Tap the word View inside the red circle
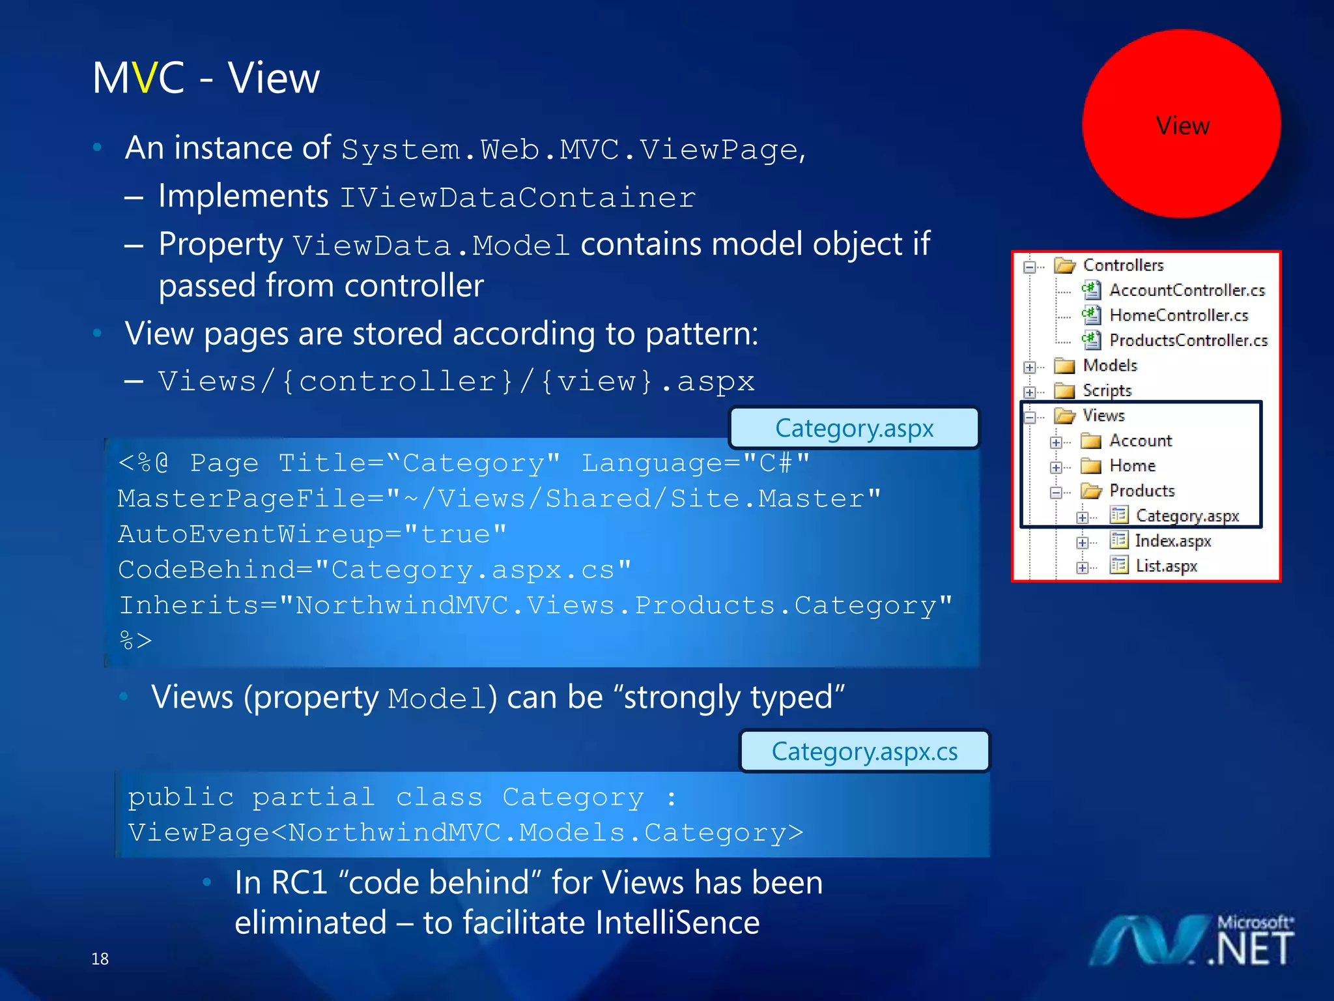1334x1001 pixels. [1182, 125]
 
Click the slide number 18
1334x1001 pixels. [100, 959]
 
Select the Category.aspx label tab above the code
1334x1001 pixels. [854, 428]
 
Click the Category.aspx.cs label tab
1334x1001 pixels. [864, 751]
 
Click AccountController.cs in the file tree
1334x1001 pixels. [1186, 290]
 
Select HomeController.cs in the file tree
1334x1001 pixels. [1178, 315]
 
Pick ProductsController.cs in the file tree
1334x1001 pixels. [1187, 340]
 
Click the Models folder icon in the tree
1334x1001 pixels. [1064, 366]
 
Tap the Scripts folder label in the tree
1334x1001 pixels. [1107, 390]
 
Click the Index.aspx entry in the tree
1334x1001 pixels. [1172, 541]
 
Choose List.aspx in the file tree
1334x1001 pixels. [1165, 566]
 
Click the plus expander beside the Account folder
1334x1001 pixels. [1056, 442]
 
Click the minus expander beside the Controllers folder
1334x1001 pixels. [1030, 267]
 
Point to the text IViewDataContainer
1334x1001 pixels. [518, 197]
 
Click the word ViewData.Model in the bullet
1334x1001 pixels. [431, 246]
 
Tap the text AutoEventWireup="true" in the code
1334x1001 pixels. [312, 534]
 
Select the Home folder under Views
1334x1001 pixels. [1131, 466]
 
